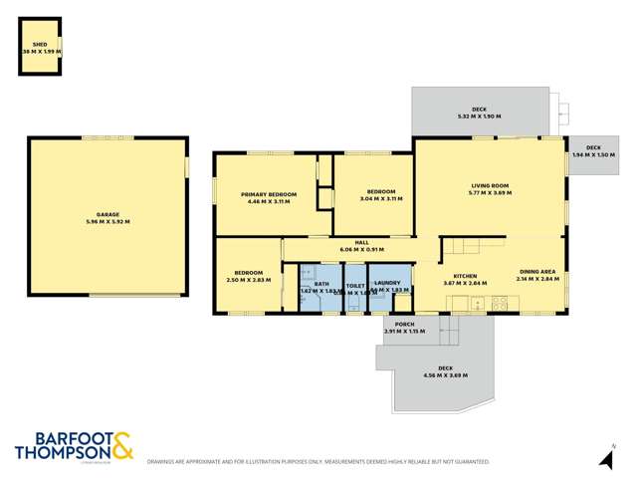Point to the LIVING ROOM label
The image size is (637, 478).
coord(490,185)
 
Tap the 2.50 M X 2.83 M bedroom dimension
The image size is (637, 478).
coord(249,280)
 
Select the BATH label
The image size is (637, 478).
coord(320,284)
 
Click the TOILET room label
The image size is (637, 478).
coord(355,284)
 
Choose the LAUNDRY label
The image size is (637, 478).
coord(389,284)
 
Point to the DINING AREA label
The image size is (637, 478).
coord(538,272)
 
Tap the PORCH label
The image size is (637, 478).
coord(404,324)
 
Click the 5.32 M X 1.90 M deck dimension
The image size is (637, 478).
coord(479,117)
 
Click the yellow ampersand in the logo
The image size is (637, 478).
coord(120,447)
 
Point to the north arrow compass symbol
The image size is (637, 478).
coord(604,458)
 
